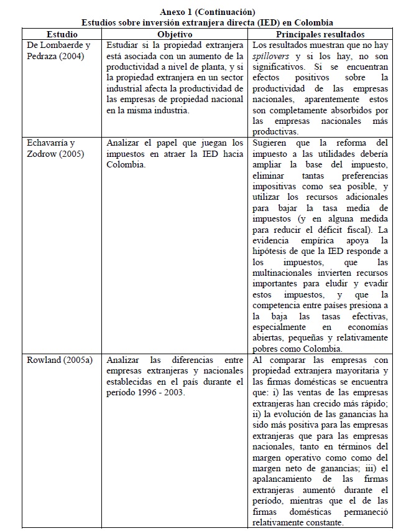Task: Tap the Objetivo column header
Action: pyautogui.click(x=175, y=34)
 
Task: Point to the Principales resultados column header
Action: pyautogui.click(x=321, y=34)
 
